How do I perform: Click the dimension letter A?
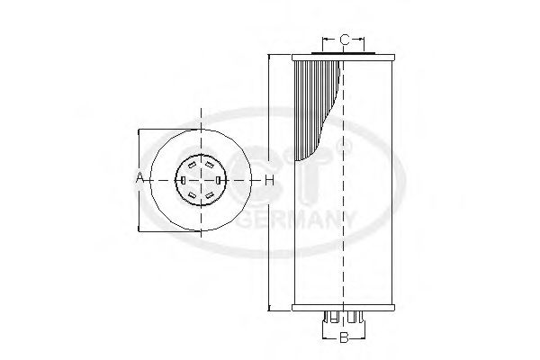tap(140, 179)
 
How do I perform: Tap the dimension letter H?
tap(268, 180)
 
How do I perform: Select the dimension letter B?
tap(343, 338)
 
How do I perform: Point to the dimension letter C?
tap(344, 39)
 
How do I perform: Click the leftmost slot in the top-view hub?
tap(182, 180)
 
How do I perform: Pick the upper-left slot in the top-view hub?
tap(192, 164)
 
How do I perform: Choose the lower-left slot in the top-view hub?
tap(192, 195)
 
